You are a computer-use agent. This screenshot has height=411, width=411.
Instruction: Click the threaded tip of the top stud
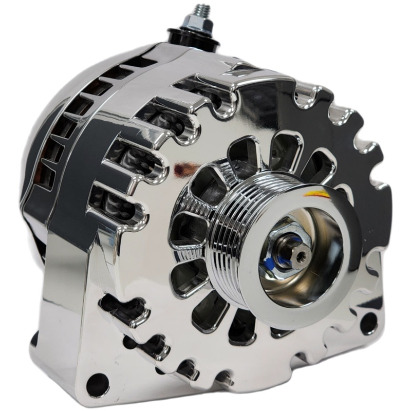tap(199, 10)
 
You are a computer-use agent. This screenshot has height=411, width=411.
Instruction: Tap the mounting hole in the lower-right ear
tap(368, 323)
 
